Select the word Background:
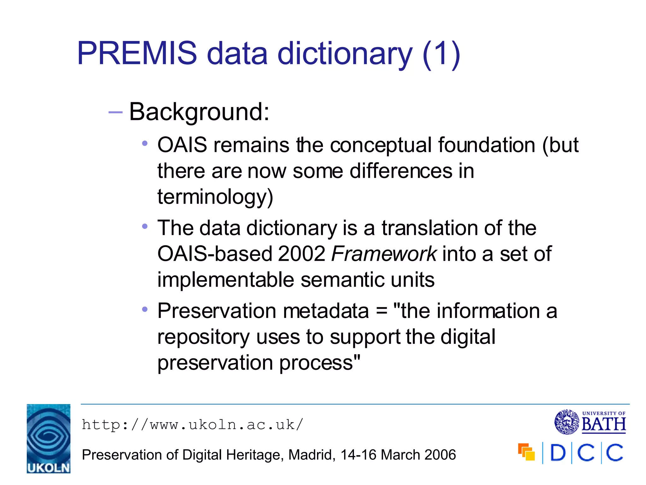coord(199,112)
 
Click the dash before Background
coord(115,112)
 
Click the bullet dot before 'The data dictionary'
coord(145,226)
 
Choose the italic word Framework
coord(384,254)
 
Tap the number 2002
coord(301,254)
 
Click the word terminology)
coord(215,197)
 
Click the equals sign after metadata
coord(382,311)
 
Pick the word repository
coord(203,337)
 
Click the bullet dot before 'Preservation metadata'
coord(145,309)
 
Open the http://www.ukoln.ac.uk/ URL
coord(192,425)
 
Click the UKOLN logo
coord(49,439)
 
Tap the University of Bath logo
coord(590,422)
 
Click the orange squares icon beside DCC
coord(526,452)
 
